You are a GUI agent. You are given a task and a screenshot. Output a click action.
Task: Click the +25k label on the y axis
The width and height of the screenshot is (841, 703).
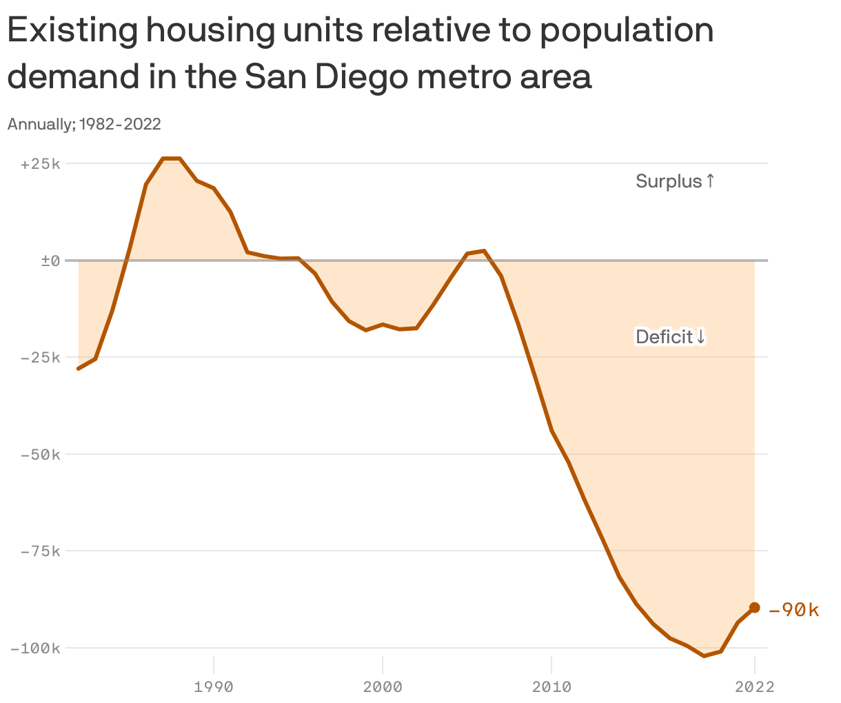tap(41, 164)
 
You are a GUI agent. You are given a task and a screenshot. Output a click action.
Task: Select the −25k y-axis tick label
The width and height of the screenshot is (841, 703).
tap(41, 358)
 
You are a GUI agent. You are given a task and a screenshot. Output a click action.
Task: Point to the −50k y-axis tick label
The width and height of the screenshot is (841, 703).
tap(41, 455)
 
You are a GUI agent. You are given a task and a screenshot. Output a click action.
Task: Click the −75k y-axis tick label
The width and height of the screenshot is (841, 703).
tap(41, 551)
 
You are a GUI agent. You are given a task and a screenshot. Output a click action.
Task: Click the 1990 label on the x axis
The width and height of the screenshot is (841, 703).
tap(214, 686)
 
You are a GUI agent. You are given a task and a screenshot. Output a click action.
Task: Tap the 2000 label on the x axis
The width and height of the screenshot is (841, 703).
tap(383, 686)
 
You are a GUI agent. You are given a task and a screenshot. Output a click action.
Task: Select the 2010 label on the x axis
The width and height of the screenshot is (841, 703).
tap(551, 686)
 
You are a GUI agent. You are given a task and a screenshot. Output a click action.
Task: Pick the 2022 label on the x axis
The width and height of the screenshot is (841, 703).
tap(755, 686)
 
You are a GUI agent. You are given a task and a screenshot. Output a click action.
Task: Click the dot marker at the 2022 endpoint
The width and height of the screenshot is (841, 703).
tap(755, 607)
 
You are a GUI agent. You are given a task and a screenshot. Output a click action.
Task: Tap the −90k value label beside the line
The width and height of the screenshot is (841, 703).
tap(793, 610)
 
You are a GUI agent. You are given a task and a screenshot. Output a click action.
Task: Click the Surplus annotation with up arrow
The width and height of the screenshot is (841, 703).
tap(675, 181)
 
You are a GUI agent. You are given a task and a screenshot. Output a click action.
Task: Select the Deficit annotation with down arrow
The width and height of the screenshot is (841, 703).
tap(671, 337)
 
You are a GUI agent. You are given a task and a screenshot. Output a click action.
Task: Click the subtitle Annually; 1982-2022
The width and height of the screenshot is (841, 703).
tap(84, 124)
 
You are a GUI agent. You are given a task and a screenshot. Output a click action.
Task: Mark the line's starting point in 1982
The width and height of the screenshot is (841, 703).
tap(79, 369)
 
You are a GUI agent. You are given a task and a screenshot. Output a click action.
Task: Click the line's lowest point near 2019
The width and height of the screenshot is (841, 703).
tap(704, 655)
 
